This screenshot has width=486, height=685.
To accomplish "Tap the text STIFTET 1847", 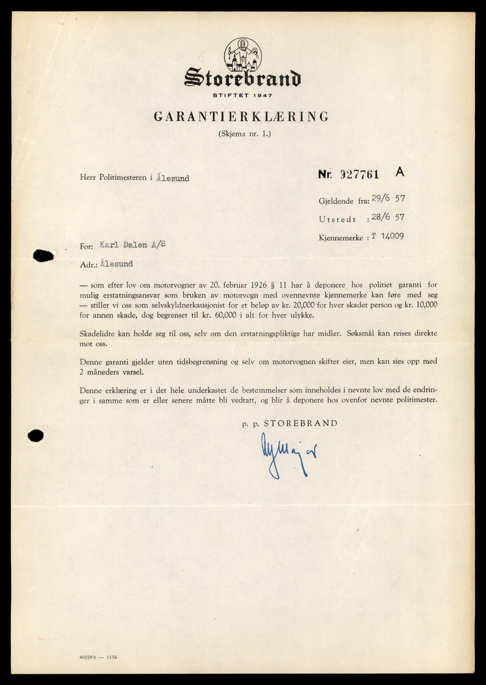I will point(243,95).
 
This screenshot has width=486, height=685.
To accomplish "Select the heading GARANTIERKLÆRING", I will point(241,116).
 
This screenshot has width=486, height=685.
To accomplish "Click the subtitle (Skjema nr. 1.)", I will point(244,134).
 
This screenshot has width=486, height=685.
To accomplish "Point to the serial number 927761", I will point(359,174).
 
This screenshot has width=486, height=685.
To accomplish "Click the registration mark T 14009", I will point(387,236).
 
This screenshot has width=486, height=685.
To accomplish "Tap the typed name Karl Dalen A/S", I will point(133,244).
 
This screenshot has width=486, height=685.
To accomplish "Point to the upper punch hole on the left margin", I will point(43,256).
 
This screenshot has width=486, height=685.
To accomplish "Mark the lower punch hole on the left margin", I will point(36,436).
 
